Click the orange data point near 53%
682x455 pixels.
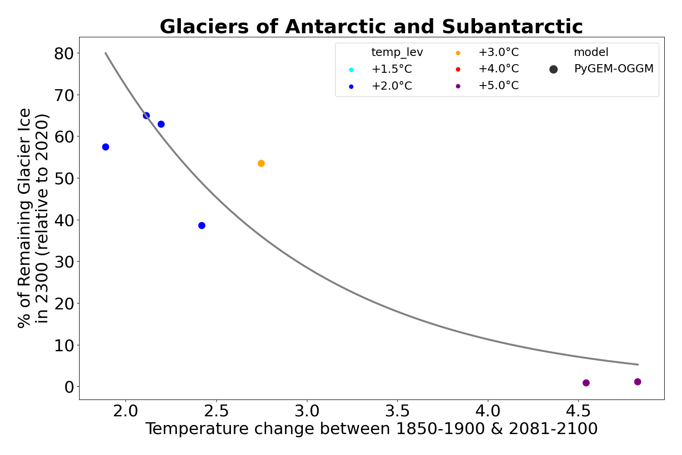261,163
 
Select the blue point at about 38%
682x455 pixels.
202,226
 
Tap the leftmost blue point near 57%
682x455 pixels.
105,147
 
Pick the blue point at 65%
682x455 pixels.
146,116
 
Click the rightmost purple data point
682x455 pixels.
637,382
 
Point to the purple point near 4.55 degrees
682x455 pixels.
586,383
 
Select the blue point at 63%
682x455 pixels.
161,124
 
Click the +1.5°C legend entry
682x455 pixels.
391,69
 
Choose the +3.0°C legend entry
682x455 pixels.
498,52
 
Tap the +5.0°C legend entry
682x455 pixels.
498,86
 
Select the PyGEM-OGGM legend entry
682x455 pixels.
613,69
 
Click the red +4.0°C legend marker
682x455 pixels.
458,69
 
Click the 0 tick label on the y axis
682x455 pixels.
69,387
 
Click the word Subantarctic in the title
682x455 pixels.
512,27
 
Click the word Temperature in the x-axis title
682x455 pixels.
191,429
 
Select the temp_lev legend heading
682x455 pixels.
397,52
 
